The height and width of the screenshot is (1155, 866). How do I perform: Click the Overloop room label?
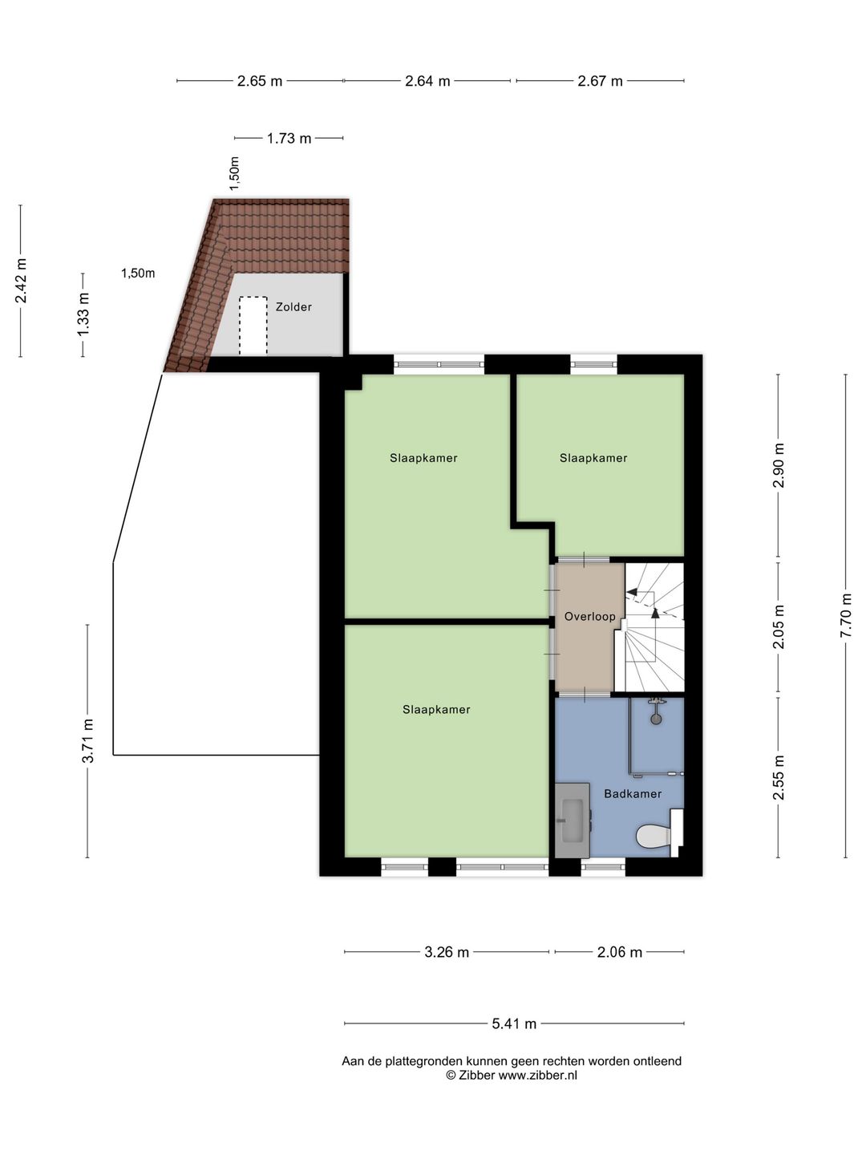[x=589, y=616]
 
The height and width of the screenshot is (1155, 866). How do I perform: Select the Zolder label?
[x=293, y=306]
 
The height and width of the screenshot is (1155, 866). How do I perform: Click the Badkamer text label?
[x=633, y=793]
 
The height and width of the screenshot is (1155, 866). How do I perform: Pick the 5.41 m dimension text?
[x=514, y=1023]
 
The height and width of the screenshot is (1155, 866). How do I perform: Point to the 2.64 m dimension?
[x=427, y=81]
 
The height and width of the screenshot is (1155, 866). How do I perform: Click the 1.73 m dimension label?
[x=289, y=139]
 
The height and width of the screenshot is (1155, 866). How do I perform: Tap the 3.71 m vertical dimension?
[x=87, y=740]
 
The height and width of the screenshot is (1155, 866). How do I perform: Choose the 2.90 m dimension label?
[x=778, y=465]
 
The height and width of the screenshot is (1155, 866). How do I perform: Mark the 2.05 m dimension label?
[x=778, y=626]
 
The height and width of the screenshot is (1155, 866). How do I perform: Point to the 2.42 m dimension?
[x=21, y=281]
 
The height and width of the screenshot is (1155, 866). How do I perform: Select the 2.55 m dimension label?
[x=778, y=777]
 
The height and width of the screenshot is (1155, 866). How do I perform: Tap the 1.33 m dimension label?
[x=83, y=314]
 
